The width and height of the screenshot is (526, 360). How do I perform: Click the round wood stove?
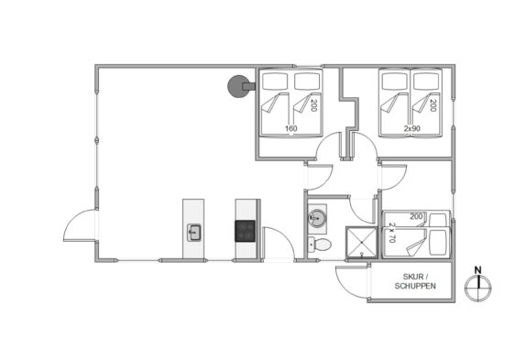(238, 86)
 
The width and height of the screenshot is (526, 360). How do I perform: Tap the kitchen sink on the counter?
(194, 233)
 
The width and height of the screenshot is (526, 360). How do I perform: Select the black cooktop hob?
(245, 231)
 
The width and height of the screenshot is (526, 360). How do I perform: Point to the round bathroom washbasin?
(317, 218)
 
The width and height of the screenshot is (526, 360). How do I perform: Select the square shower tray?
(362, 243)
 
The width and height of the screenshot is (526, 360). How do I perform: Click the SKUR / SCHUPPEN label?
(415, 281)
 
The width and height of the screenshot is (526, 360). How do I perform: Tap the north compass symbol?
(478, 288)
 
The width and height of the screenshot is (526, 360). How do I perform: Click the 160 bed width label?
(290, 128)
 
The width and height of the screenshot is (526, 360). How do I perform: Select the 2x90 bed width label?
(412, 128)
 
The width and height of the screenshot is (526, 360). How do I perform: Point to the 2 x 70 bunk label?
(392, 233)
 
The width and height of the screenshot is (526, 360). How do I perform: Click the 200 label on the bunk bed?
(416, 216)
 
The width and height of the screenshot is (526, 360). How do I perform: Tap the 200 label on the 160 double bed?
(313, 105)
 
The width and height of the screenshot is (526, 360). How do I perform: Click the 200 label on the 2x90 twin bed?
(433, 105)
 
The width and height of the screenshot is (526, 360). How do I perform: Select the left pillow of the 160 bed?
(275, 82)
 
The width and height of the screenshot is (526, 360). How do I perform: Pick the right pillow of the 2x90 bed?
(426, 82)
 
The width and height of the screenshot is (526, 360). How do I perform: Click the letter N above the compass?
(478, 270)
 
